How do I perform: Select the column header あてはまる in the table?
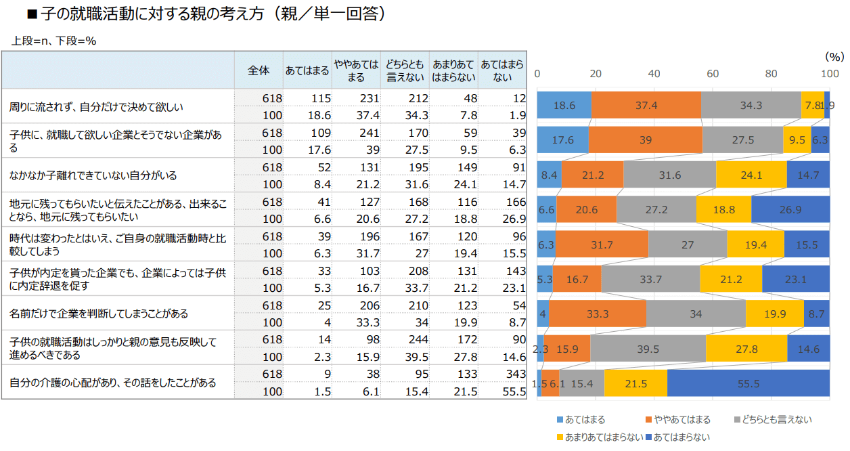point(307,70)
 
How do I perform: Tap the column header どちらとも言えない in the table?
point(405,70)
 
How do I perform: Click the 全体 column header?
point(259,70)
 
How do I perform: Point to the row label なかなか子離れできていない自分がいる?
point(93,175)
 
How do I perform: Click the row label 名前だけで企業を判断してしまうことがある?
point(99,314)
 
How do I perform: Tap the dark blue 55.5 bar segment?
point(748,383)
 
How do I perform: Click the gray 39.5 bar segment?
point(648,349)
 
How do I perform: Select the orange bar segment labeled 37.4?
point(646,106)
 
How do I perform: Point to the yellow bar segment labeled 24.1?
point(751,175)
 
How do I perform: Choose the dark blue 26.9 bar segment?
point(790,210)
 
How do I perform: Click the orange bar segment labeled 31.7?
point(602,244)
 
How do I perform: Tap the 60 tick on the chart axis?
point(713,73)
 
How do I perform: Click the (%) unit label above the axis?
point(834,56)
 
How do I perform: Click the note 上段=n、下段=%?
point(54,41)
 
